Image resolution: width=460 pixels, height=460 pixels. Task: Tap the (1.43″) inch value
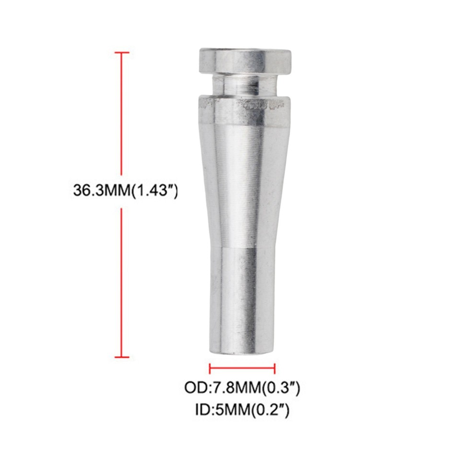pos(154,190)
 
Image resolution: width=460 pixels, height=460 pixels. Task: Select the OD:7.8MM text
pos(222,388)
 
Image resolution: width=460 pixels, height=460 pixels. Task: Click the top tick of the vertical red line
pos(122,52)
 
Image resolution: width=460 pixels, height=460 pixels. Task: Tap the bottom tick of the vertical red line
pos(122,356)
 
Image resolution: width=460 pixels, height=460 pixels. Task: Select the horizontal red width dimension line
pos(242,368)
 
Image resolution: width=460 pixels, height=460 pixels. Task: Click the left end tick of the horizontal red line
pos(210,368)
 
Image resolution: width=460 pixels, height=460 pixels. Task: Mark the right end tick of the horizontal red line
pos(275,368)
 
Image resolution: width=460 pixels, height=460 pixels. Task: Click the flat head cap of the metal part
pos(245,60)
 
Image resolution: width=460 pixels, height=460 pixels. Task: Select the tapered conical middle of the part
pos(242,182)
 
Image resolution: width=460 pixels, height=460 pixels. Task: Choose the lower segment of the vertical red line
pos(122,283)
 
